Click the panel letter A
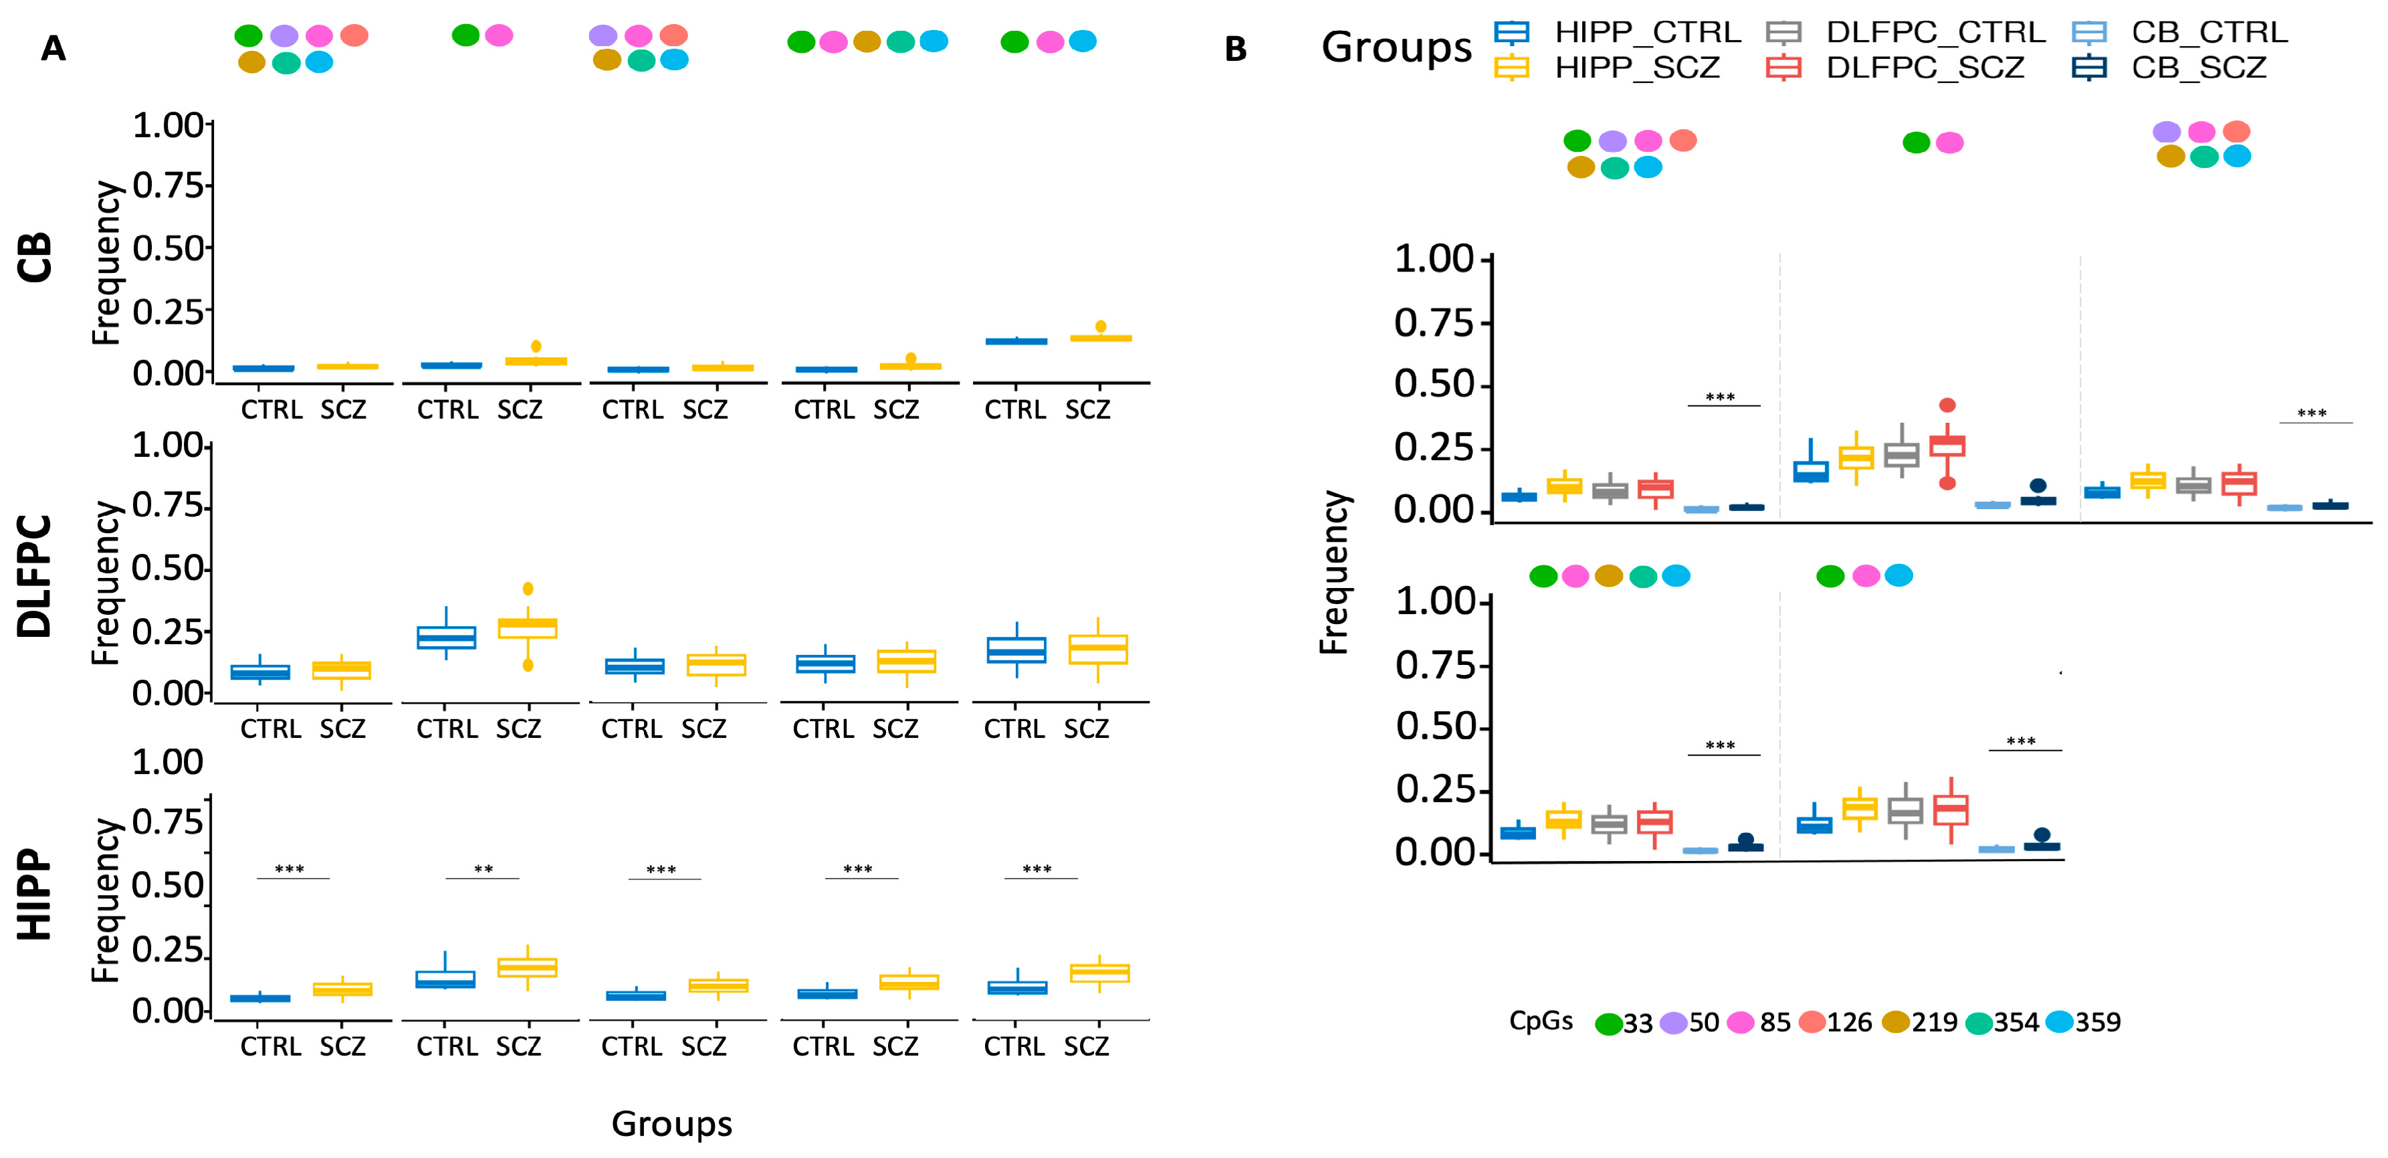point(53,48)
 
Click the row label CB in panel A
point(35,257)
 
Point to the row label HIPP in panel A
point(35,894)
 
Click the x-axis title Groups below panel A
point(671,1124)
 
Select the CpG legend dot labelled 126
point(1812,1023)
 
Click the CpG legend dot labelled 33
point(1608,1024)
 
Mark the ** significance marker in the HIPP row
point(483,870)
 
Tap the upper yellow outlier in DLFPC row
point(528,589)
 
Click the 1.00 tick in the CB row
point(168,125)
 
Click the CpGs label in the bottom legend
point(1540,1021)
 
